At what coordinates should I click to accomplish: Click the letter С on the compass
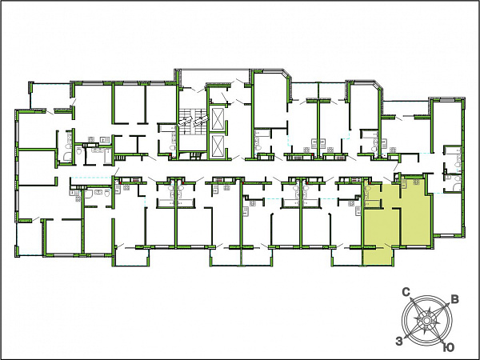(406, 292)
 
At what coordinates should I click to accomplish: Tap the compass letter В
(455, 299)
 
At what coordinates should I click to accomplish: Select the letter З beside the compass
(399, 341)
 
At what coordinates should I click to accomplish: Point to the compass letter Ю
(449, 347)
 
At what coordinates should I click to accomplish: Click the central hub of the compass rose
(426, 321)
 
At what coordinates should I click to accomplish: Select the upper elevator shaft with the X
(218, 118)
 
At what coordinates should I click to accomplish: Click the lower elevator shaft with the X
(218, 146)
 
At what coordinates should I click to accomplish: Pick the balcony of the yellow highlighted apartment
(377, 256)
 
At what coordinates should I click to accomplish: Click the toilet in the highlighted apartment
(368, 187)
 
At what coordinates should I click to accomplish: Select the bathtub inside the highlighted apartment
(366, 199)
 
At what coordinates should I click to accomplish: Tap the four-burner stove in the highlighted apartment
(416, 182)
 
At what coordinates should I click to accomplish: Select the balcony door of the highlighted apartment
(389, 246)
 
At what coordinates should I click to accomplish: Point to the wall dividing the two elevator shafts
(218, 133)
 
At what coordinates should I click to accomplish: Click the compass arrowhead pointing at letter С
(414, 300)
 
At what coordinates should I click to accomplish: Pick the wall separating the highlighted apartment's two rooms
(400, 226)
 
